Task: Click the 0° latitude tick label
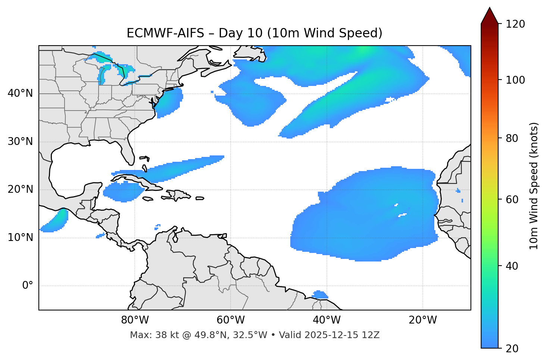coord(28,286)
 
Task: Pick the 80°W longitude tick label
coord(135,320)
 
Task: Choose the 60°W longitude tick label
coord(231,320)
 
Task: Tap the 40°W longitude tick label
coord(326,320)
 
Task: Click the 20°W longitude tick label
coord(423,320)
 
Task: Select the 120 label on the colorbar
coord(515,24)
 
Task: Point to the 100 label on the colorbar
coord(515,80)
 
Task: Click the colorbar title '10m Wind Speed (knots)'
coord(534,186)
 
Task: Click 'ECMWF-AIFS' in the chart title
coord(165,33)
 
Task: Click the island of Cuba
coord(138,181)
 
